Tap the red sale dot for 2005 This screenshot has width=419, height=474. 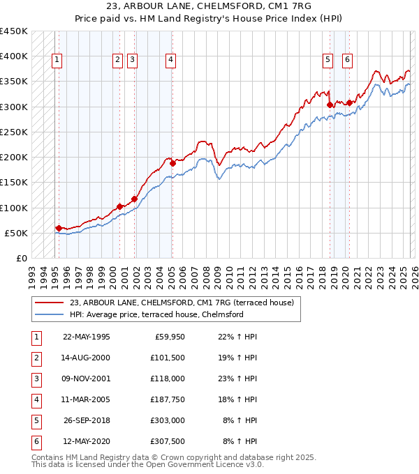(x=172, y=163)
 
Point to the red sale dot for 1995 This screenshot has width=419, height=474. (x=59, y=228)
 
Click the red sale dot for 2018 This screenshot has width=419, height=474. (x=329, y=105)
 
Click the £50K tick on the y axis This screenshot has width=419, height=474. (x=17, y=233)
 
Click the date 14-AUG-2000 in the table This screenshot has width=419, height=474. (x=86, y=358)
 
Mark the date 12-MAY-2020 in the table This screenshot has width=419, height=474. (x=86, y=441)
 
